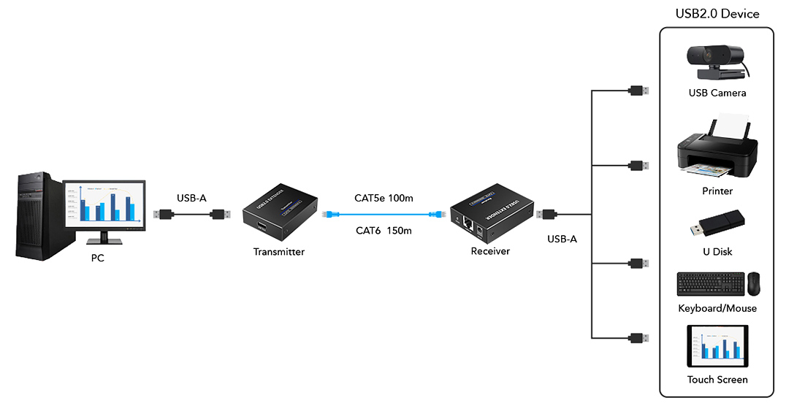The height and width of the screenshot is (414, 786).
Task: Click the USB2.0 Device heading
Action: (x=717, y=14)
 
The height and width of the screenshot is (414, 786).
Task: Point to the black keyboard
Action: (x=710, y=284)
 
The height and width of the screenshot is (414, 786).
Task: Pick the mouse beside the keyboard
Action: (x=753, y=284)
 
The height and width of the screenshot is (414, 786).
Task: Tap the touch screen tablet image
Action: (x=717, y=346)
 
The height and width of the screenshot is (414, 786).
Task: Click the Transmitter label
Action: (x=278, y=252)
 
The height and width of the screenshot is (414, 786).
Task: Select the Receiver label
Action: (x=490, y=251)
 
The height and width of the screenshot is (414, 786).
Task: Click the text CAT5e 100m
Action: (x=384, y=199)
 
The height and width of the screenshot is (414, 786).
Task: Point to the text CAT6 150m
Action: (x=384, y=231)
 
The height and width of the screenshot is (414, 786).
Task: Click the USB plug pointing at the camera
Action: (x=638, y=91)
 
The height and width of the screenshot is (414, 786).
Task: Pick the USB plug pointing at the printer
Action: (x=638, y=165)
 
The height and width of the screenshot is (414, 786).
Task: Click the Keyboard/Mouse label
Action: (x=717, y=308)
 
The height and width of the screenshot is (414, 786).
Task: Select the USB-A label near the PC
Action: (x=191, y=198)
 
